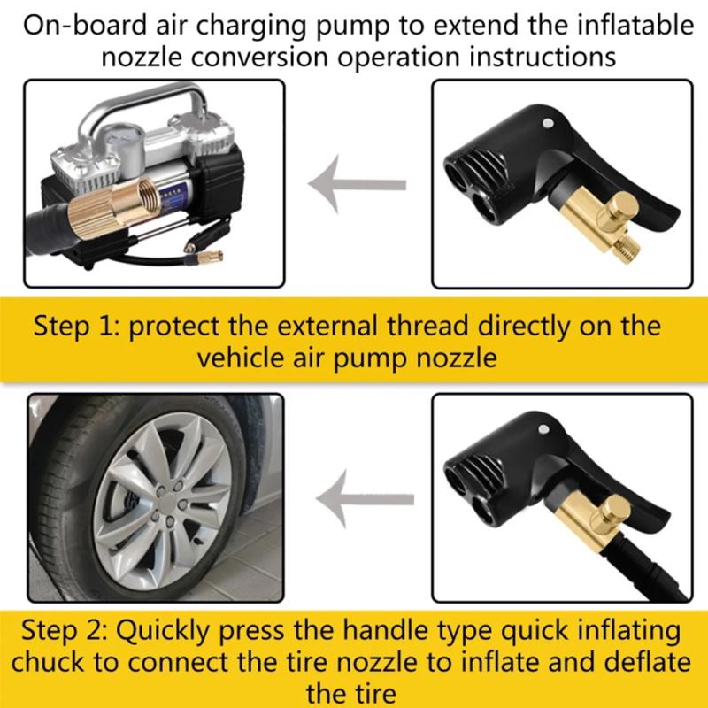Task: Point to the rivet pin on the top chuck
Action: click(550, 123)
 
